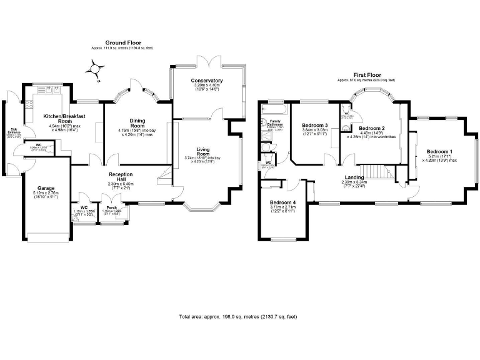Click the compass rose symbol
[94, 69]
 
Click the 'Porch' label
[112, 207]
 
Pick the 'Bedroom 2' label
[371, 127]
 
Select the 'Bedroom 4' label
[282, 202]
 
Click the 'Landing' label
[354, 177]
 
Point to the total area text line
[237, 317]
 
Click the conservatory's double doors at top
[207, 62]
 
